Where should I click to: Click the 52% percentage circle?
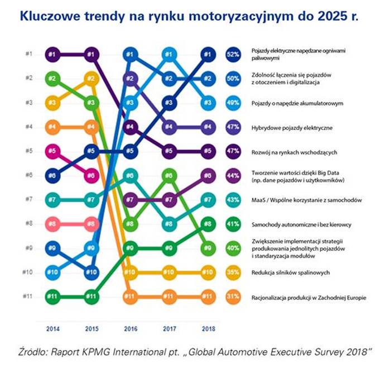click(233, 54)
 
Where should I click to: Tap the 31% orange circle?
click(233, 297)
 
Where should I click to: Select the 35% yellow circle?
click(233, 272)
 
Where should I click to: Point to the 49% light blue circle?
click(233, 103)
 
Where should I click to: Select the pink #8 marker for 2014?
click(52, 224)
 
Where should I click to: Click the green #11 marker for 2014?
click(52, 297)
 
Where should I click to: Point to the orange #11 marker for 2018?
click(207, 297)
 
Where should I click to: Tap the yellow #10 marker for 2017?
click(168, 272)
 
